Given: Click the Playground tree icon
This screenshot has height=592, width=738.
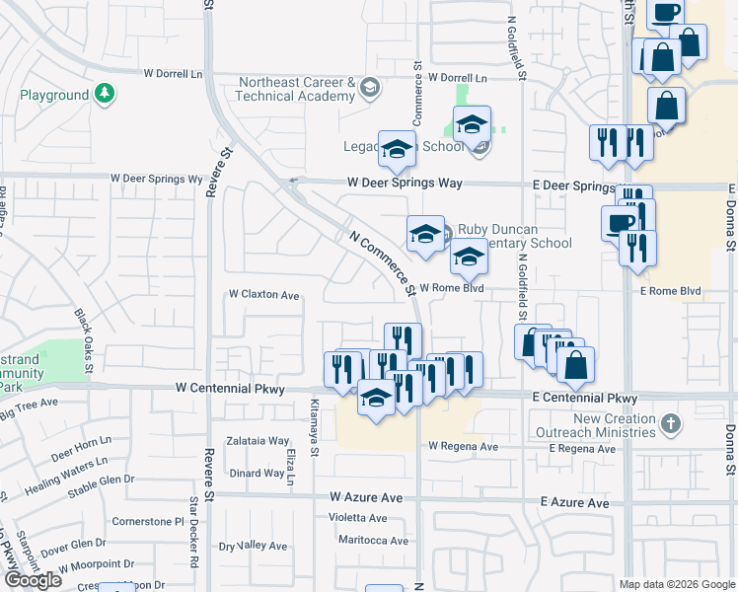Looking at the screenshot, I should (106, 95).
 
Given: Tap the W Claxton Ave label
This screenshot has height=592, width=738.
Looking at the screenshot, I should (263, 295).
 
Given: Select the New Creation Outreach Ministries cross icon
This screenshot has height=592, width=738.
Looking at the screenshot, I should (671, 425).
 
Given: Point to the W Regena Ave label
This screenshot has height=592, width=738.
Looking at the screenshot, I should (463, 446).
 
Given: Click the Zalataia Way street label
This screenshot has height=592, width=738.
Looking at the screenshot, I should (258, 441).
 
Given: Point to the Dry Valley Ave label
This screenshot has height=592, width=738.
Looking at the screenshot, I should (253, 546).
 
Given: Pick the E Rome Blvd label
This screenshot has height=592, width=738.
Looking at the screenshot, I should (670, 291).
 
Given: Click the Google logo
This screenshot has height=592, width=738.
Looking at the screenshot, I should (33, 580).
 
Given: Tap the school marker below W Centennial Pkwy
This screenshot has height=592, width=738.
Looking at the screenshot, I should (376, 400).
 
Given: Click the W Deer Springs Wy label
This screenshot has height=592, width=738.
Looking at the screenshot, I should (156, 180).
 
